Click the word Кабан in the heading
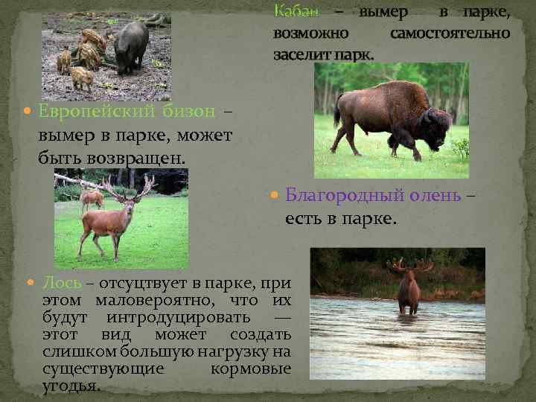tap(296, 12)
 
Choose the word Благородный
tap(345, 198)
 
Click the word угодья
tap(71, 386)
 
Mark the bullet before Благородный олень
tap(273, 198)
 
